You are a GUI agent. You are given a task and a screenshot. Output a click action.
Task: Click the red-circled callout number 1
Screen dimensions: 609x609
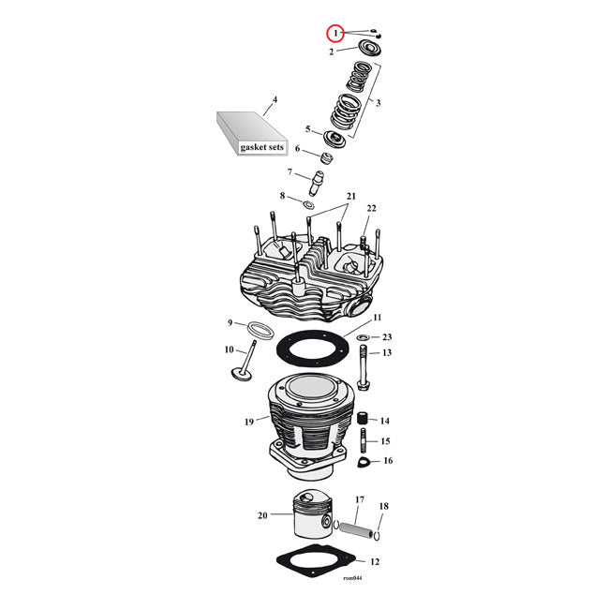pyautogui.click(x=334, y=33)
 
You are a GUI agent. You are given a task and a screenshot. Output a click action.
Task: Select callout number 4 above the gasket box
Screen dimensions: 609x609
pyautogui.click(x=275, y=99)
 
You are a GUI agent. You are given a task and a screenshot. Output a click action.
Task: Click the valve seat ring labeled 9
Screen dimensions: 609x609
pyautogui.click(x=260, y=330)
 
